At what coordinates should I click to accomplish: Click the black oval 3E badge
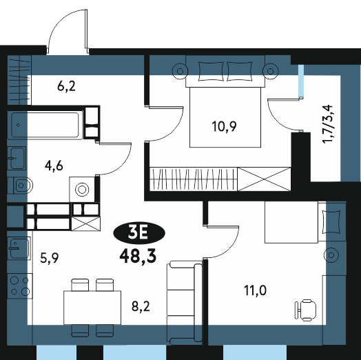(139, 233)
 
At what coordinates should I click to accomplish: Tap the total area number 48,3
(138, 257)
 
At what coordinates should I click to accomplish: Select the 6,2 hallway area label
(66, 86)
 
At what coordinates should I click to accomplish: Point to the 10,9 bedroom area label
(224, 126)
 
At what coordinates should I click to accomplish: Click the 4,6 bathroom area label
(54, 166)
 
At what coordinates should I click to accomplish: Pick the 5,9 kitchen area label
(50, 258)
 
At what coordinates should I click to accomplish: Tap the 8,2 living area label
(141, 306)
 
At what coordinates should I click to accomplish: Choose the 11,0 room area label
(256, 290)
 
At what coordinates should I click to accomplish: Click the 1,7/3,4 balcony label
(328, 124)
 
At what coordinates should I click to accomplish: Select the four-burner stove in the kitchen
(20, 286)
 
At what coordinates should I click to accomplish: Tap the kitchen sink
(19, 248)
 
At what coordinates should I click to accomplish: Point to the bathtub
(45, 125)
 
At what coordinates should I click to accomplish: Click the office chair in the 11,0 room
(305, 310)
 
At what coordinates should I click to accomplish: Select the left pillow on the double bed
(211, 71)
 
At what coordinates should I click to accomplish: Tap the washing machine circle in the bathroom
(82, 190)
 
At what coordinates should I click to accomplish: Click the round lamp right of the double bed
(271, 71)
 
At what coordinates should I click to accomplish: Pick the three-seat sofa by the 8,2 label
(184, 303)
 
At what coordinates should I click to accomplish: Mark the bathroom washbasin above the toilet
(17, 158)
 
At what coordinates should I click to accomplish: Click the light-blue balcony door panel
(301, 81)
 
